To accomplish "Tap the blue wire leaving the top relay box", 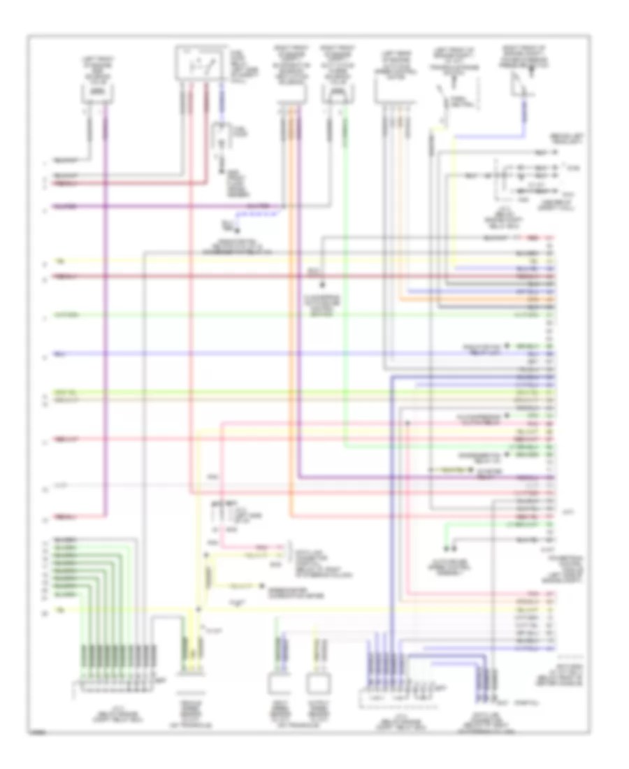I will click(223, 101).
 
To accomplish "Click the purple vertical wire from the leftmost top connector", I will click(106, 315).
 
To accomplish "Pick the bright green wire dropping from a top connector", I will click(347, 280).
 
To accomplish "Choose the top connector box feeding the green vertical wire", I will click(335, 92).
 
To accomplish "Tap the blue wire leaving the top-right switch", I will click(523, 112).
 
